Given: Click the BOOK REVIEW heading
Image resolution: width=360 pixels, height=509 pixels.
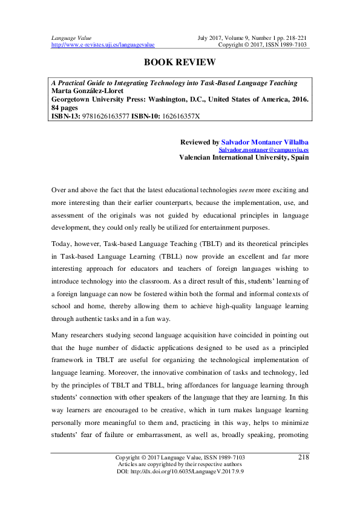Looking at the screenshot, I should [180, 62].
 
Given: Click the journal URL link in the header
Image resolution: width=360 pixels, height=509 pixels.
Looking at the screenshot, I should [103, 45].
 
